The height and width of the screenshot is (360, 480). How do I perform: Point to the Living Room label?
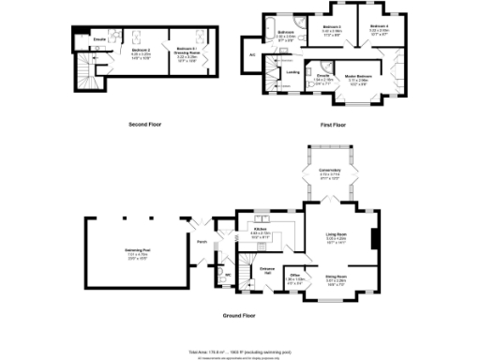[336, 235]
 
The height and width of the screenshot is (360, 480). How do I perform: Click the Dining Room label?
[336, 277]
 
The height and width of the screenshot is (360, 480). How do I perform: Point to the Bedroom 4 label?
[379, 27]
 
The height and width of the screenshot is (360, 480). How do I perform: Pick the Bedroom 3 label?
[327, 27]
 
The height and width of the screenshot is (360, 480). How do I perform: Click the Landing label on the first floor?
[292, 71]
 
